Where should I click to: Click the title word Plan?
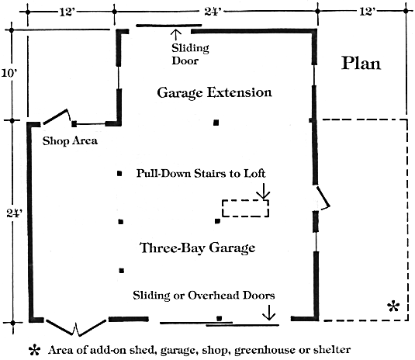[x=361, y=64]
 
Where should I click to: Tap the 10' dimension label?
[x=9, y=73]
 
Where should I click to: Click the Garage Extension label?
[x=214, y=92]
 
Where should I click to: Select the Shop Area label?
[x=70, y=140]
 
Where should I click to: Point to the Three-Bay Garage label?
[x=198, y=248]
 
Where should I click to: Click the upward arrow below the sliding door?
[x=176, y=35]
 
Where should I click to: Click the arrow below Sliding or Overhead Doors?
[x=269, y=313]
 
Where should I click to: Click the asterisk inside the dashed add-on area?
[x=393, y=306]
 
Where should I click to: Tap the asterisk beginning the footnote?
[x=35, y=350]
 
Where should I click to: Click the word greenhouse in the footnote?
[x=265, y=351]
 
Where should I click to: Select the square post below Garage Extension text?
[x=216, y=123]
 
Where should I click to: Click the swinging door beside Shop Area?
[x=57, y=116]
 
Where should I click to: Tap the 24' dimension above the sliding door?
[x=213, y=12]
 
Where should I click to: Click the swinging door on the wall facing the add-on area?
[x=323, y=198]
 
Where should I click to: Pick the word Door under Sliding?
[x=185, y=61]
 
